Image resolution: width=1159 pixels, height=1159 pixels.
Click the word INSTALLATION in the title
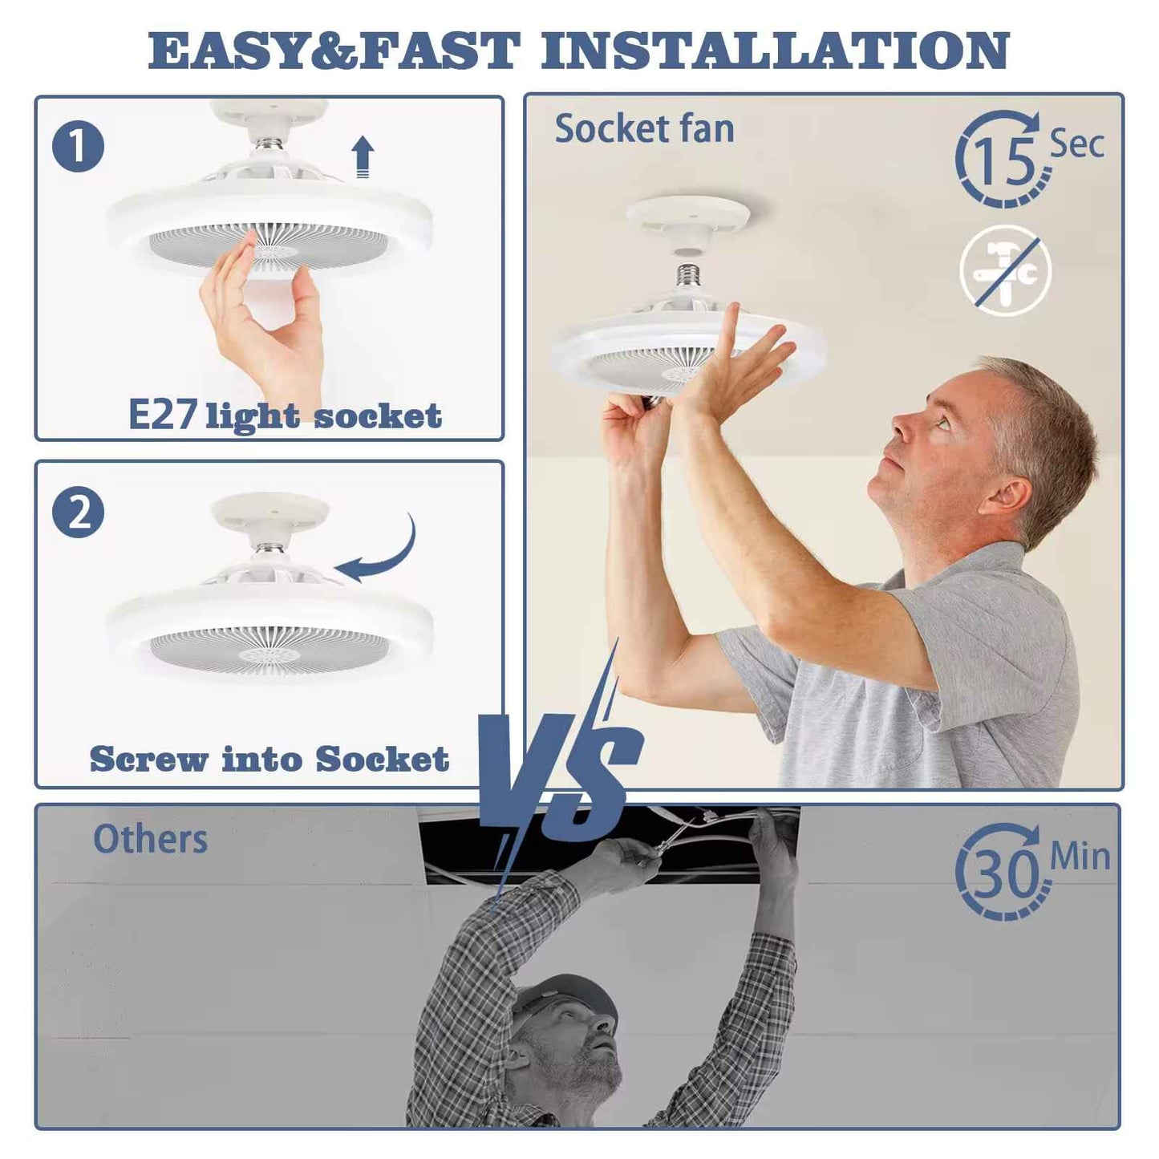click(x=775, y=51)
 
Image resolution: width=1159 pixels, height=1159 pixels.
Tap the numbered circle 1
click(x=78, y=147)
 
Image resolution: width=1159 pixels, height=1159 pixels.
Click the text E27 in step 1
click(x=163, y=415)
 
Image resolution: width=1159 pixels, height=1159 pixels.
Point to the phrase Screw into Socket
click(x=269, y=759)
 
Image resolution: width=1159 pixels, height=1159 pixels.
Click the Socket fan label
click(x=644, y=129)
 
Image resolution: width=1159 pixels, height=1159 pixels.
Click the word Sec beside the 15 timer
click(x=1076, y=144)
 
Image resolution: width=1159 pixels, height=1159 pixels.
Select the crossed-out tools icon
click(x=1005, y=271)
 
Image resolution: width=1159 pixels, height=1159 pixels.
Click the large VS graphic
click(x=561, y=770)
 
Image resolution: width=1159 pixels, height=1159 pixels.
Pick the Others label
click(x=150, y=840)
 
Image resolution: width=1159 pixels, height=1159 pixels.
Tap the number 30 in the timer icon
click(x=1005, y=873)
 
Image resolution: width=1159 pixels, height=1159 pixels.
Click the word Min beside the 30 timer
click(x=1080, y=857)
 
